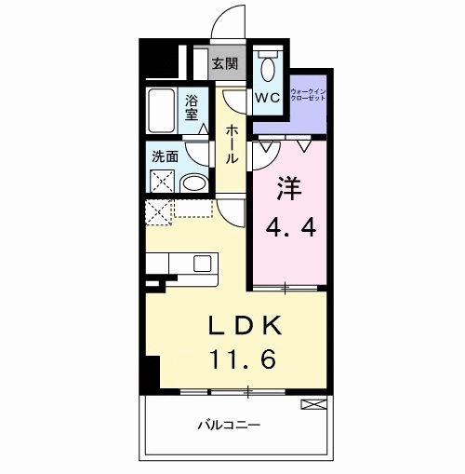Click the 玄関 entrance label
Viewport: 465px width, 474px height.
pos(223,64)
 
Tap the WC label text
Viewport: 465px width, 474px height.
pos(270,97)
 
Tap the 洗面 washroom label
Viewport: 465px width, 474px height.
pos(164,156)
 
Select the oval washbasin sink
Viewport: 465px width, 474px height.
pos(194,183)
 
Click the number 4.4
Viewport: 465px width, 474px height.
pos(289,225)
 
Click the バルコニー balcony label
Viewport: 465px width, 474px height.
pos(228,425)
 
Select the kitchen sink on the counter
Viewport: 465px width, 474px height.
pos(204,264)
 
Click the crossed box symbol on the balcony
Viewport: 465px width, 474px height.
pos(313,403)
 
